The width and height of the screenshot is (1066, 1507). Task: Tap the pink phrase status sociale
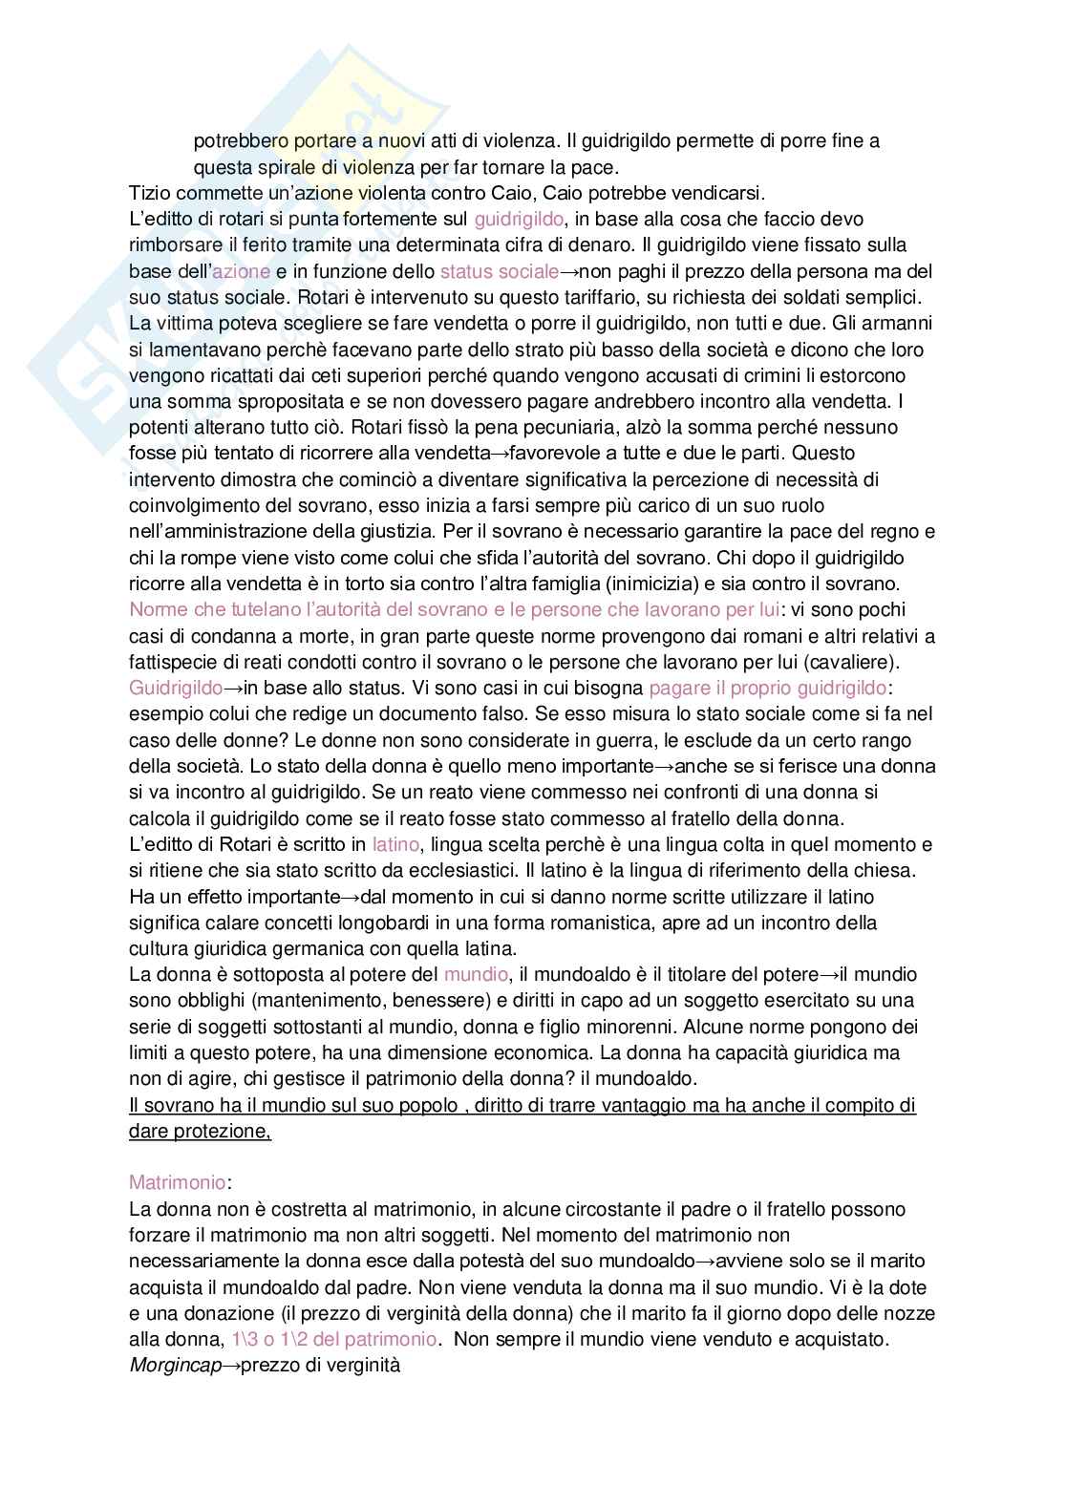(499, 271)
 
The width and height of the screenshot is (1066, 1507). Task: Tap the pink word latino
(394, 844)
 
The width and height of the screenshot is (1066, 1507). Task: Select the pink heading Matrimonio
(177, 1183)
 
